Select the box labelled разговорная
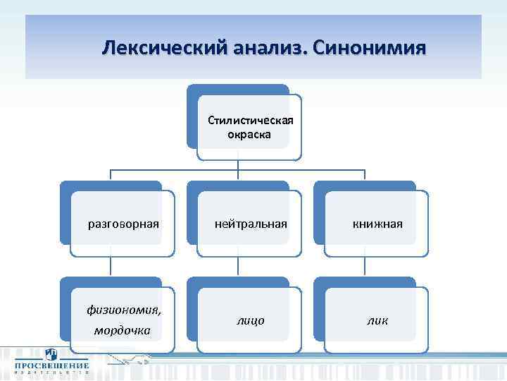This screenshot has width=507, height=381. click(123, 224)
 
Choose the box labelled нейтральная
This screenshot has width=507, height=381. click(250, 224)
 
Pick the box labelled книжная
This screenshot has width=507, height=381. click(377, 224)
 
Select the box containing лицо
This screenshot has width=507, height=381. click(250, 320)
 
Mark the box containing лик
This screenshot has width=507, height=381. click(377, 320)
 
